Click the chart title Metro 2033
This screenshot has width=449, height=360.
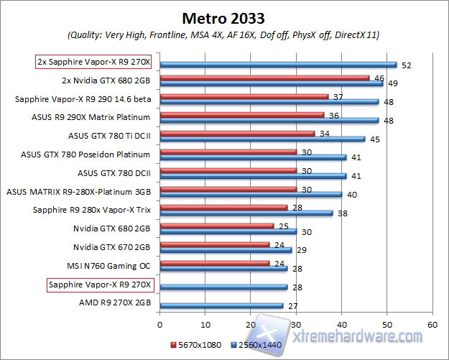[x=223, y=17]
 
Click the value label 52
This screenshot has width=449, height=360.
[x=407, y=65]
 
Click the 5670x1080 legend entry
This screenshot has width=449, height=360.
[x=193, y=344]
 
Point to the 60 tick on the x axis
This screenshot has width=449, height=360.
[x=432, y=325]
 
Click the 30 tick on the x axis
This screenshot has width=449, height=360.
[x=296, y=325]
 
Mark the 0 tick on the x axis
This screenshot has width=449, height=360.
[x=160, y=325]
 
